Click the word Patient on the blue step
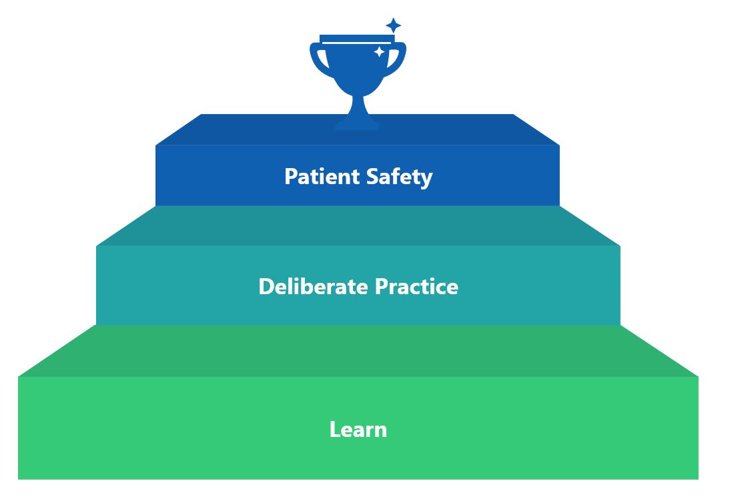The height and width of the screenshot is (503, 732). tap(322, 176)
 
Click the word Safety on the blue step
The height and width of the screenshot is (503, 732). tap(399, 177)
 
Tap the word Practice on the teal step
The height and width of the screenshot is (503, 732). tap(416, 286)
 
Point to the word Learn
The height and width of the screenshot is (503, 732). tap(358, 429)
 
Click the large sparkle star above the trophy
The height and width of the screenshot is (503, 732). tap(393, 25)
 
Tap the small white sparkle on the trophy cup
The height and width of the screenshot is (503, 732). tap(379, 52)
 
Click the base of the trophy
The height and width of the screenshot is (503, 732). tap(357, 122)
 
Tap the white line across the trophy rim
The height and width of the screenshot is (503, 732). tap(357, 43)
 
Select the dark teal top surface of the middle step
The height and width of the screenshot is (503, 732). tap(358, 225)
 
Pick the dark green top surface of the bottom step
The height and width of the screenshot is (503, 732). tap(358, 351)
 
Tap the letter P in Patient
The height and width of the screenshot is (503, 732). tap(292, 176)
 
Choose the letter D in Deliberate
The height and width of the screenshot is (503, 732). tap(267, 286)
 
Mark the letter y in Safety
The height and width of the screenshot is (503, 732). tap(426, 180)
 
